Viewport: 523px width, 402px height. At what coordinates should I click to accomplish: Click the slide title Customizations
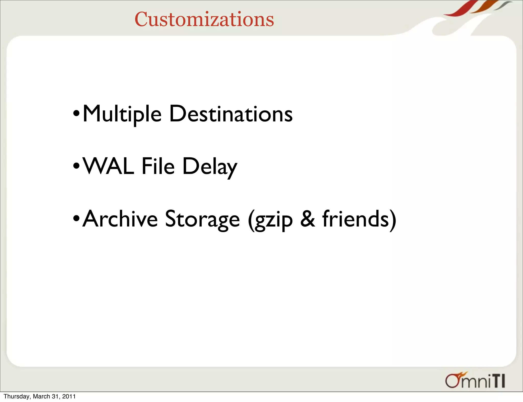[204, 19]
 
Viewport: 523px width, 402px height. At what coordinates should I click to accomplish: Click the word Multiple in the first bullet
[122, 114]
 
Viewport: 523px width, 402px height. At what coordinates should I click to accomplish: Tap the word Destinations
[231, 114]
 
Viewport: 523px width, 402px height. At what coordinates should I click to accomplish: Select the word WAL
[109, 166]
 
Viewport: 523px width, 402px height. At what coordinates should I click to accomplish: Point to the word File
[158, 166]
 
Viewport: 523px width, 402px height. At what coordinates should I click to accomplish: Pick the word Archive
[120, 219]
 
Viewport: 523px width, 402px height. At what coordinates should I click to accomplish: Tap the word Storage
[203, 219]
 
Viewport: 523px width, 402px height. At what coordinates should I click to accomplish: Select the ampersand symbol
[307, 219]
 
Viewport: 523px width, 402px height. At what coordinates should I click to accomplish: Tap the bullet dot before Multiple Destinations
[76, 113]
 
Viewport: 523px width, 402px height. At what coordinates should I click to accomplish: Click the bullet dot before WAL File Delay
[76, 166]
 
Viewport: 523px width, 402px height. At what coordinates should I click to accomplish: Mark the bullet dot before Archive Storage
[76, 218]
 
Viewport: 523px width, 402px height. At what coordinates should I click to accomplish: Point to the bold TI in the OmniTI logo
[498, 381]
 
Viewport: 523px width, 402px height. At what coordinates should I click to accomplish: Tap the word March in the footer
[41, 396]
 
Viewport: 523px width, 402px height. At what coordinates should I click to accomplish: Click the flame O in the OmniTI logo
[454, 381]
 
